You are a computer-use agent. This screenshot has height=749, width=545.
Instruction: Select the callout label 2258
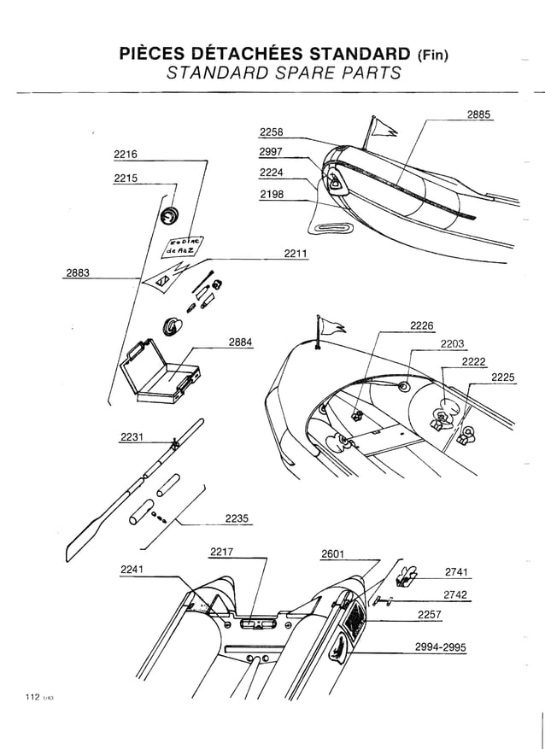pyautogui.click(x=271, y=132)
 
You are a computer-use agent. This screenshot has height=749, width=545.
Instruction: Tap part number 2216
pyautogui.click(x=126, y=155)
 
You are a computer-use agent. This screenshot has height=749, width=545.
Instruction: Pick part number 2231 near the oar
pyautogui.click(x=133, y=437)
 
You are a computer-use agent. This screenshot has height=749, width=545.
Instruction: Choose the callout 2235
pyautogui.click(x=237, y=518)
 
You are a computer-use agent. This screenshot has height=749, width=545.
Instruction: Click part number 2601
pyautogui.click(x=333, y=554)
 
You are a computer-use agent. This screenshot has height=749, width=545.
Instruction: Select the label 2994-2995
pyautogui.click(x=441, y=647)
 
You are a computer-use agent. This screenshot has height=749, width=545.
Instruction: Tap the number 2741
pyautogui.click(x=458, y=572)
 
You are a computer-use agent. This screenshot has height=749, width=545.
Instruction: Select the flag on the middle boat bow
pyautogui.click(x=331, y=325)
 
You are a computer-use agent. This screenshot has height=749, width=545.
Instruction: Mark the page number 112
pyautogui.click(x=32, y=698)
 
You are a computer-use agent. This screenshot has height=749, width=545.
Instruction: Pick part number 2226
pyautogui.click(x=422, y=325)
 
